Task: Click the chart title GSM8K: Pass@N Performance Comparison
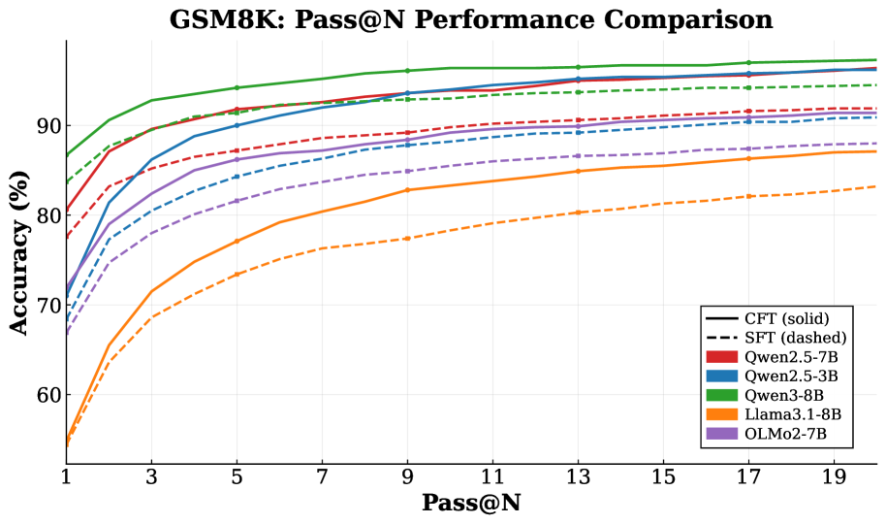(471, 19)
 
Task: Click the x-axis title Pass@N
(471, 504)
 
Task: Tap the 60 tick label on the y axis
(46, 395)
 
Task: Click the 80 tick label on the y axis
(46, 215)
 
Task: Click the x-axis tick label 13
(578, 476)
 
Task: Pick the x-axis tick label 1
(66, 476)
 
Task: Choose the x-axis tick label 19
(834, 476)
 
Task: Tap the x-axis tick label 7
(322, 476)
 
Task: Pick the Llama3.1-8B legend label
(793, 413)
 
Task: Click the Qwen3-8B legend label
(786, 394)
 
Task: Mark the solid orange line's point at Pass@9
(407, 190)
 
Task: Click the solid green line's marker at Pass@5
(237, 88)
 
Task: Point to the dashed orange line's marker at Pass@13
(578, 213)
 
